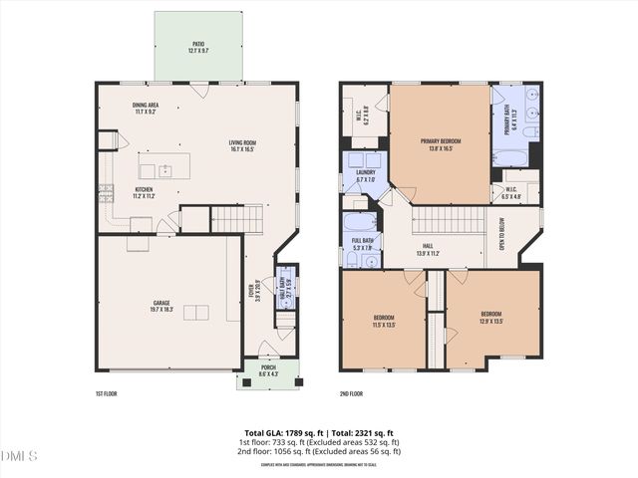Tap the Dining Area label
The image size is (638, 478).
click(x=147, y=108)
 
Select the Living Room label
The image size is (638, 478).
click(x=241, y=145)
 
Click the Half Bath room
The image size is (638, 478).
click(x=285, y=289)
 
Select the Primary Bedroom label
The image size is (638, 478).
click(x=440, y=145)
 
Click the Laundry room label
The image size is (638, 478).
click(x=365, y=175)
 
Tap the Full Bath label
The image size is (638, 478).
click(x=362, y=243)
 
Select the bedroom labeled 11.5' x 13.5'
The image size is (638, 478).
click(x=384, y=321)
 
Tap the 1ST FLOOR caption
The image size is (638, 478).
click(x=106, y=393)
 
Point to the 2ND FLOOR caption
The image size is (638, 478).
click(x=351, y=393)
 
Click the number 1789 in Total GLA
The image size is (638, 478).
click(x=292, y=433)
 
